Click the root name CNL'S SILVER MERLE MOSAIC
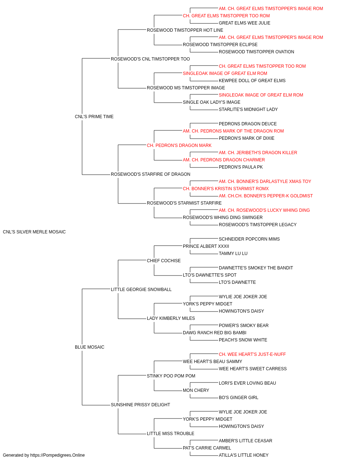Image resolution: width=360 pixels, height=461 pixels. (34, 232)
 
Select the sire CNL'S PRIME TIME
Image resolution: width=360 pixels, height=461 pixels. (94, 117)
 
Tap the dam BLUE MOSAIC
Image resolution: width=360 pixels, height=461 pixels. (90, 347)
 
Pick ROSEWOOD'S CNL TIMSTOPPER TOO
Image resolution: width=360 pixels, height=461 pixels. (150, 59)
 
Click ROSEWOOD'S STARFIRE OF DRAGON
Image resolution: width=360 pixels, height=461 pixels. (150, 174)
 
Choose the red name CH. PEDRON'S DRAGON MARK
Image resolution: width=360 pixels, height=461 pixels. (179, 145)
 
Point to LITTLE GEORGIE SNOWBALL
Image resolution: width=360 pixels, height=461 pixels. (141, 289)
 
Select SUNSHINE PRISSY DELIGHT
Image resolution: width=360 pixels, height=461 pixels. (140, 404)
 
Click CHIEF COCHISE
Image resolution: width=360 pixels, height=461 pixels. (164, 260)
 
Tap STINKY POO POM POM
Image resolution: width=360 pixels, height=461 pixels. (171, 376)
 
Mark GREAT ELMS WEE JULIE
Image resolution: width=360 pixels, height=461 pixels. (244, 23)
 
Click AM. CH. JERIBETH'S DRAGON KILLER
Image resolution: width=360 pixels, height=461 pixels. (258, 153)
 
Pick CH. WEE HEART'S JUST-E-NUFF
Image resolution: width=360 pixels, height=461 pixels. (252, 354)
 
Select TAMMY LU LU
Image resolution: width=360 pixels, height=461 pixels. (233, 253)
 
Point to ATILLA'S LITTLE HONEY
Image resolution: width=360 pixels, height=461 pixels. (244, 455)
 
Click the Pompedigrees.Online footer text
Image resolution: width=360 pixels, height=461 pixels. (44, 455)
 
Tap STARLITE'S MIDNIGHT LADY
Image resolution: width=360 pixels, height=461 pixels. (248, 109)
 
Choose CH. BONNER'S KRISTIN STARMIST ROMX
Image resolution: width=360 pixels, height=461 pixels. (226, 189)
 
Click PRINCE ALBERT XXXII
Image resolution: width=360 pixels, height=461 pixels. (206, 246)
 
